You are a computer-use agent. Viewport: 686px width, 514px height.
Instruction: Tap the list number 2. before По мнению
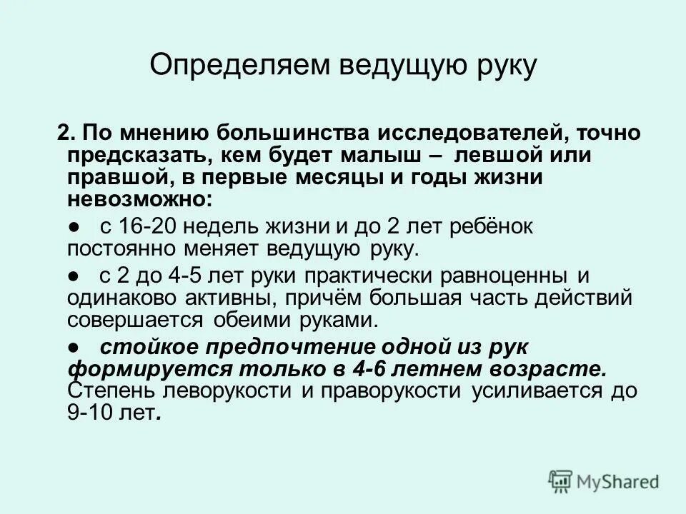[x=67, y=133]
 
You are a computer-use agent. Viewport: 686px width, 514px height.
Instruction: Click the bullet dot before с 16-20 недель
[x=74, y=227]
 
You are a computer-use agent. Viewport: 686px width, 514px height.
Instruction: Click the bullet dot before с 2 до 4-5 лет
[x=74, y=276]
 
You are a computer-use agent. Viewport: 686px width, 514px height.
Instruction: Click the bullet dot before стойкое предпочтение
[x=74, y=347]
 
